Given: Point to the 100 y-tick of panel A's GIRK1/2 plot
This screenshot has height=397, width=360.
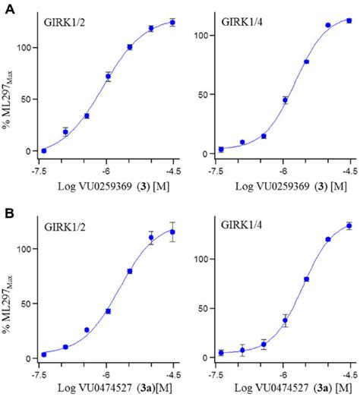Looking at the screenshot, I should click(x=27, y=47).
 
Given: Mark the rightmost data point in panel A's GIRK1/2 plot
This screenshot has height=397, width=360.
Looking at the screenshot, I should click(x=172, y=23).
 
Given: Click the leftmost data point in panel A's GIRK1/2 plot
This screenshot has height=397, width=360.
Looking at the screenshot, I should click(x=43, y=150).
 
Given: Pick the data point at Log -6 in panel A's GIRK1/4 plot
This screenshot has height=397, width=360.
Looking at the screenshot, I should click(x=285, y=100).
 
